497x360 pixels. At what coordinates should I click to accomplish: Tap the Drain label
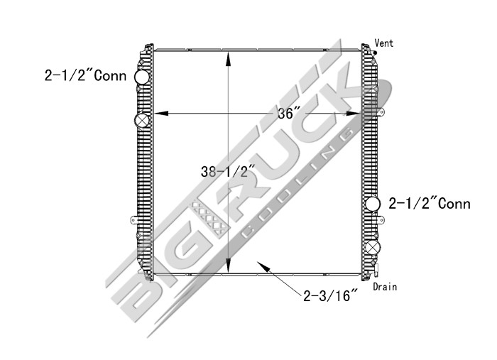click(x=385, y=287)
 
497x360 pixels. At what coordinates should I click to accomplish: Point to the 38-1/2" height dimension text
click(x=227, y=171)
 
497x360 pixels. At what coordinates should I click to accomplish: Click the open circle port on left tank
click(x=142, y=77)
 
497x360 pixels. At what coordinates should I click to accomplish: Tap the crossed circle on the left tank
click(x=142, y=121)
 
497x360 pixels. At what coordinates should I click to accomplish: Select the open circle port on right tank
click(x=373, y=205)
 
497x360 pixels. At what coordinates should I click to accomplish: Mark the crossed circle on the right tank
click(x=373, y=249)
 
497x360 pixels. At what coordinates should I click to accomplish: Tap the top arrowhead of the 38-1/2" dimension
click(x=227, y=58)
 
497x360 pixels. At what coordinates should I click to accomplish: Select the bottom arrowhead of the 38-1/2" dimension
click(x=227, y=267)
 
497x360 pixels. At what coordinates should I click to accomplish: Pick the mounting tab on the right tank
click(x=381, y=111)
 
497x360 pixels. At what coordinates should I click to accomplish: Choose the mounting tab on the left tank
click(x=132, y=220)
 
